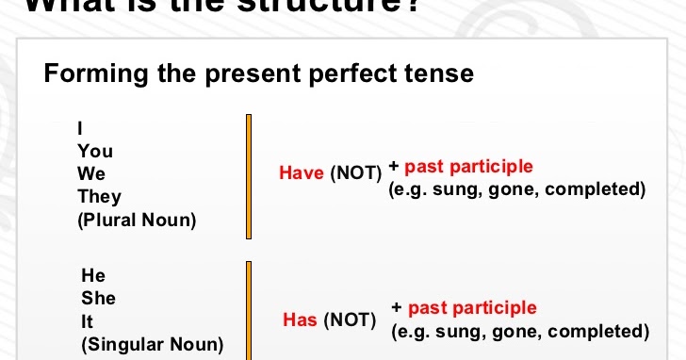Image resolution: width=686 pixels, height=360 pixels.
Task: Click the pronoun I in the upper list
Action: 80,128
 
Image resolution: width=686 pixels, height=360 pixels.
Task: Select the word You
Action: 95,151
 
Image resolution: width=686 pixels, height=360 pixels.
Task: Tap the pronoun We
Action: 91,173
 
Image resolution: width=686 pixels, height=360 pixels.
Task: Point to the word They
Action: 100,196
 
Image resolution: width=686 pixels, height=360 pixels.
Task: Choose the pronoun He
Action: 94,275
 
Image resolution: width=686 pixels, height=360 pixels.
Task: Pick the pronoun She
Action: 99,298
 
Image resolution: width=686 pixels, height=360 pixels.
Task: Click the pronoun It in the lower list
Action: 88,321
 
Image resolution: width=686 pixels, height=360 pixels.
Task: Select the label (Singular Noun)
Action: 154,345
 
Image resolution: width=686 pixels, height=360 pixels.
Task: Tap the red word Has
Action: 300,320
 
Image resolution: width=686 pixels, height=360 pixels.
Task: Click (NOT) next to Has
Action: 350,320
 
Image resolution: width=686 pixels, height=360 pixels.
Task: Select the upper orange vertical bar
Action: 249,176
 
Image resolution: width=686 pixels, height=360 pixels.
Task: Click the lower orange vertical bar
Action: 249,311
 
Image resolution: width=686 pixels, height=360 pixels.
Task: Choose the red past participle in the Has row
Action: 472,308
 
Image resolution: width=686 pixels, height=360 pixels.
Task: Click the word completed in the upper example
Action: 596,189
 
